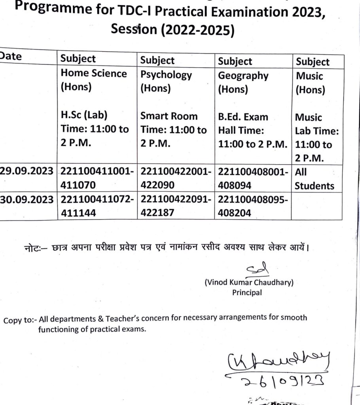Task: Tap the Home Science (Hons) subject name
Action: pos(93,80)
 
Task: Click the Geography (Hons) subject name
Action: pos(243,82)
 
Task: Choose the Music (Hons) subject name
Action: pos(310,83)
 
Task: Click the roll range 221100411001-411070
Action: pos(97,178)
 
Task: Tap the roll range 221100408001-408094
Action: pos(252,179)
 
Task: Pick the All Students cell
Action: pos(314,179)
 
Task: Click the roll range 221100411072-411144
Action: pos(97,205)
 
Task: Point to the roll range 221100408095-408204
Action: pos(252,206)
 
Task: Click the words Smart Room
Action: pos(169,116)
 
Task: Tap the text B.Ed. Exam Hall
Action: pos(243,123)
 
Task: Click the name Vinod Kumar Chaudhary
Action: pos(249,283)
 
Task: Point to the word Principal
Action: pos(247,293)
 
